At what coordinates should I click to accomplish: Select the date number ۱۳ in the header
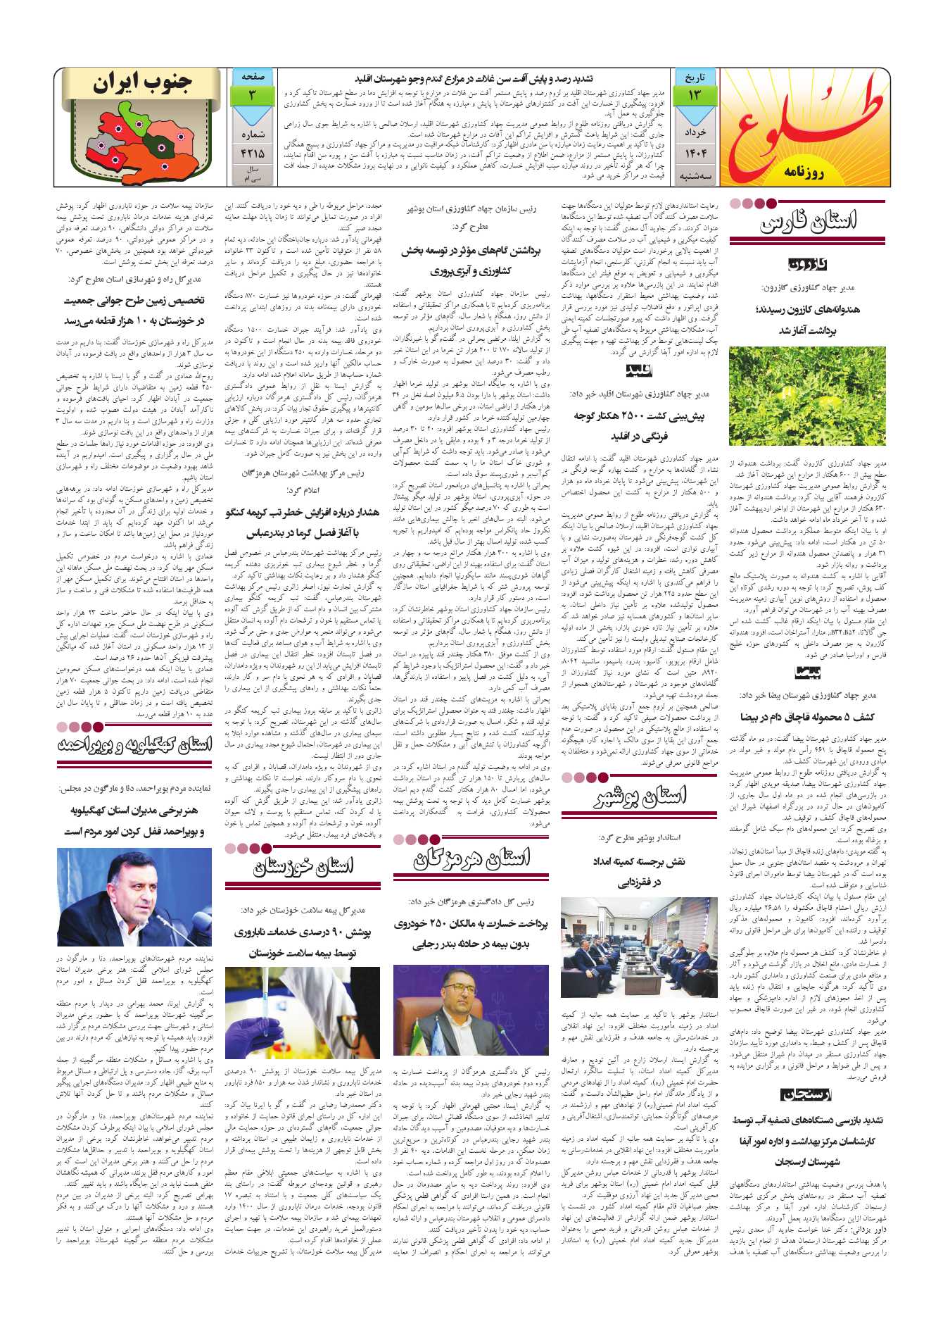(695, 95)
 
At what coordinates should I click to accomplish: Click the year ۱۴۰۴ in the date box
(695, 153)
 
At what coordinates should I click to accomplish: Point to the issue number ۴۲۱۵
(253, 153)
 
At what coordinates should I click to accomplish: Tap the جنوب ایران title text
(142, 83)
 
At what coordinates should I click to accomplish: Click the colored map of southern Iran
(134, 141)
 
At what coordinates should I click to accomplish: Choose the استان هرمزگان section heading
(471, 858)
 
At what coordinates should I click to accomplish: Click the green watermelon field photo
(807, 396)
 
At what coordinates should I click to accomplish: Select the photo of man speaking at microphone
(134, 897)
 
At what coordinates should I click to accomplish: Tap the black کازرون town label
(807, 265)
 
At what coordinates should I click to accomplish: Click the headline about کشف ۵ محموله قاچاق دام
(807, 717)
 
